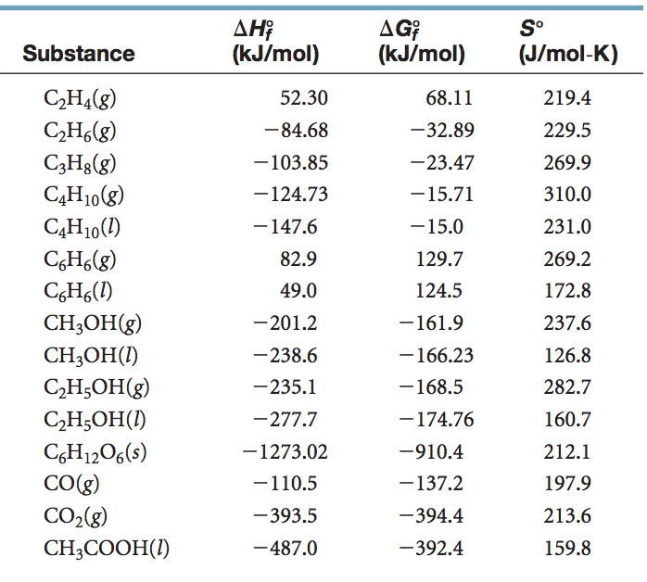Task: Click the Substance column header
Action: pos(79,54)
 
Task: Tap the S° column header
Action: pos(565,43)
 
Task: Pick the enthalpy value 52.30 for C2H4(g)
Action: pos(304,98)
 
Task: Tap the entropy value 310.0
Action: pos(567,195)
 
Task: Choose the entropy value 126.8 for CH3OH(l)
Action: pos(567,355)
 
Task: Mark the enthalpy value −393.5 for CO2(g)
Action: pos(291,516)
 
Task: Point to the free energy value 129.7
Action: pos(441,259)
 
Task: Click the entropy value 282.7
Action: pos(567,387)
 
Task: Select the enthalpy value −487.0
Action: pos(291,548)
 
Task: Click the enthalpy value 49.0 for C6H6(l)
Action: pos(298,291)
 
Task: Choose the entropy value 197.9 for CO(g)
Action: pos(567,484)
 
